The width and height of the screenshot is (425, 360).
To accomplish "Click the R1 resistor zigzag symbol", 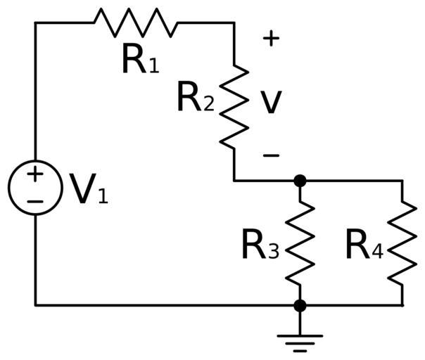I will tap(136, 22).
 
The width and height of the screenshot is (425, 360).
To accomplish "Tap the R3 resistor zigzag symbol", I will tap(300, 243).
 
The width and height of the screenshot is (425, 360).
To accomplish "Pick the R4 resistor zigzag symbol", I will tap(402, 243).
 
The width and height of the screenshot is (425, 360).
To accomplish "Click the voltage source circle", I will tap(35, 188).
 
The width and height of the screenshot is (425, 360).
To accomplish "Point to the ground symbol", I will tap(300, 340).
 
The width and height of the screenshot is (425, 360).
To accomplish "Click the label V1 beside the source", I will tap(88, 189).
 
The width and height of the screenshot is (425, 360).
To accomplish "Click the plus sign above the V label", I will tap(271, 39).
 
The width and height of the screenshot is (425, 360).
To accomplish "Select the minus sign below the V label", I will tap(271, 155).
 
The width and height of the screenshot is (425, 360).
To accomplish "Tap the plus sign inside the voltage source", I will tap(35, 174).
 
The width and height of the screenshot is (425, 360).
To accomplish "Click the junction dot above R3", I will tap(300, 181).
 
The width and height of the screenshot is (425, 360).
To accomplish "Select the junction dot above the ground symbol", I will tap(300, 305).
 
